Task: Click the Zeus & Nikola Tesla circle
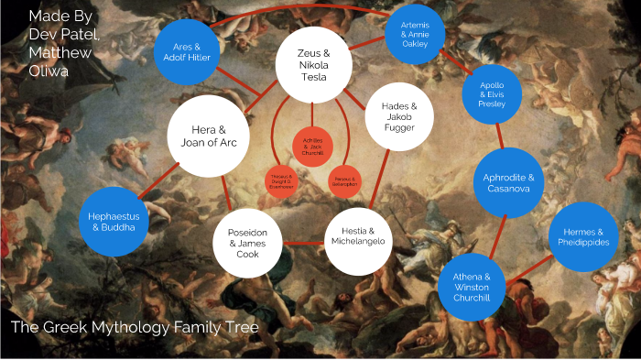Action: tap(314, 64)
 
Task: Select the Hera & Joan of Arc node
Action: tap(208, 136)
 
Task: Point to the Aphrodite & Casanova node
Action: tap(509, 182)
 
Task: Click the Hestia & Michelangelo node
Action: tap(359, 235)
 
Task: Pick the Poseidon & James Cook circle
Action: tap(248, 241)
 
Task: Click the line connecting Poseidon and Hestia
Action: tap(304, 244)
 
